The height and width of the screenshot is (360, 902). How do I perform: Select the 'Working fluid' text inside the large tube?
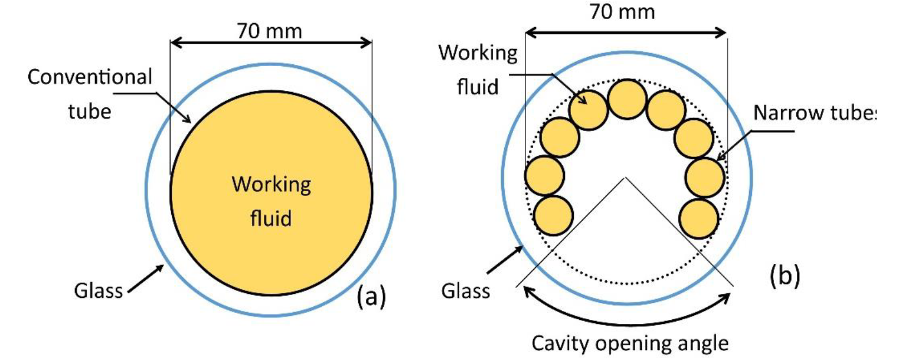pyautogui.click(x=271, y=202)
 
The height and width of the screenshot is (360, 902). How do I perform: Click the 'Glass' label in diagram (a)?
pyautogui.click(x=99, y=291)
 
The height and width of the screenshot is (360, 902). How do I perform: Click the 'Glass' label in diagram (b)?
pyautogui.click(x=468, y=290)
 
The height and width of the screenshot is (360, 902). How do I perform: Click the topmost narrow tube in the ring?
pyautogui.click(x=628, y=99)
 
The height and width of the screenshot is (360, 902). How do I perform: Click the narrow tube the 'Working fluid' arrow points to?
pyautogui.click(x=589, y=110)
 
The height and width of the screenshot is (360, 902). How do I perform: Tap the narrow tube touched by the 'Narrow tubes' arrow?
pyautogui.click(x=705, y=177)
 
